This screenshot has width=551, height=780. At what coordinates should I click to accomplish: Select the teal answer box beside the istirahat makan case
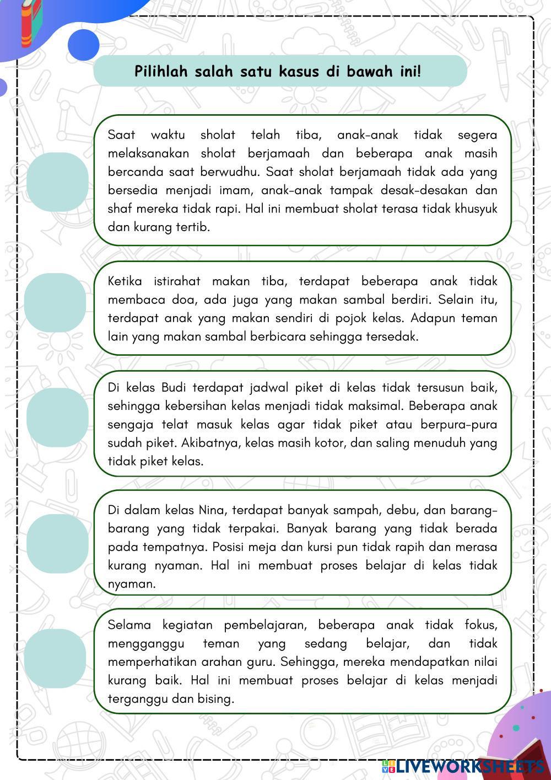(55, 302)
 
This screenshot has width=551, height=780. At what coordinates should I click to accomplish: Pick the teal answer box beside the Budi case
(57, 417)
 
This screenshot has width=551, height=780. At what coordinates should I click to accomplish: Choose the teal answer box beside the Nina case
(57, 543)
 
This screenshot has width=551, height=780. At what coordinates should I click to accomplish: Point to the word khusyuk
(477, 209)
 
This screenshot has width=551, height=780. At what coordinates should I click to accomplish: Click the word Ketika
(125, 281)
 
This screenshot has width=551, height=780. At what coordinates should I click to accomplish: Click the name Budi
(174, 387)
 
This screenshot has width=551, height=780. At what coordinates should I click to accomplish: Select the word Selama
(129, 625)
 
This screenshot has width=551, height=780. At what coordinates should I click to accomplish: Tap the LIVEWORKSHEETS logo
(464, 766)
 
